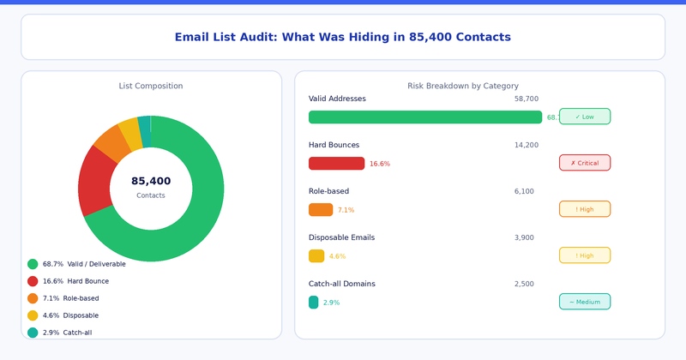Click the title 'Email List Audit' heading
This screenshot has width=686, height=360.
342,37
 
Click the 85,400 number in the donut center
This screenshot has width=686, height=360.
151,181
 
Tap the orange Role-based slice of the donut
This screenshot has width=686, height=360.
112,142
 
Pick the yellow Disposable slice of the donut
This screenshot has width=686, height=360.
130,130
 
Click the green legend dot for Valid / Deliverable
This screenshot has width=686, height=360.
33,264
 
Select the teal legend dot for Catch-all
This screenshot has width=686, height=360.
33,333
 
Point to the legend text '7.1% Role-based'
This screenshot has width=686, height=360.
70,298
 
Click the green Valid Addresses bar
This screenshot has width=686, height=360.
424,117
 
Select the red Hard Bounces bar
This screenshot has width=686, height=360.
336,164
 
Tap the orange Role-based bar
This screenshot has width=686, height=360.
320,210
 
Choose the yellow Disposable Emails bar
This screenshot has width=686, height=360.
316,256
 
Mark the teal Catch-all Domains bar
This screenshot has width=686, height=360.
313,303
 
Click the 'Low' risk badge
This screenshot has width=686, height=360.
584,117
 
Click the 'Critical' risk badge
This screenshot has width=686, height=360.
584,163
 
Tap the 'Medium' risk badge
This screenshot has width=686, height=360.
584,302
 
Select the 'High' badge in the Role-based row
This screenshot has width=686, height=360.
584,209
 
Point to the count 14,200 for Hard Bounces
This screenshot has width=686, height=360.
526,145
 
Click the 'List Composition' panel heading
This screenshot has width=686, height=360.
151,86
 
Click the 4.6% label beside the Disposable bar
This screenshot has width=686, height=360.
337,256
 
